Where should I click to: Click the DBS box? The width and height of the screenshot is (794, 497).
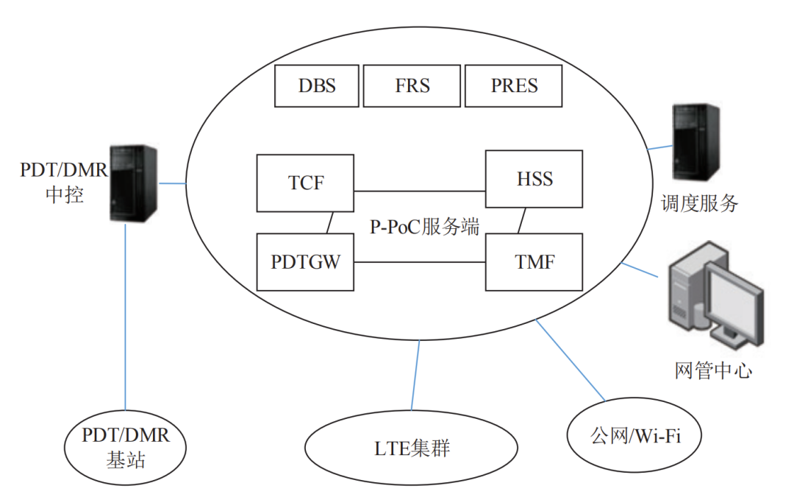click(x=317, y=85)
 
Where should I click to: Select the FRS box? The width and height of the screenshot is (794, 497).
click(x=412, y=85)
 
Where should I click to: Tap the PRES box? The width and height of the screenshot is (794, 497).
click(x=514, y=85)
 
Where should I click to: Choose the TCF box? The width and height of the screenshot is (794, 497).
click(x=305, y=183)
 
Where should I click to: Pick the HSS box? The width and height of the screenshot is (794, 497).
click(x=534, y=179)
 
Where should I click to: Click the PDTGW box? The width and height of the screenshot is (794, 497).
click(x=305, y=261)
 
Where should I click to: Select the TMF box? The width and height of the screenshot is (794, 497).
click(x=534, y=261)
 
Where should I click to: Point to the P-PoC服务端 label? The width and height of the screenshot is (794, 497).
click(x=424, y=226)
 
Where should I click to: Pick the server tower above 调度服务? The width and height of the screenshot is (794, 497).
click(x=695, y=144)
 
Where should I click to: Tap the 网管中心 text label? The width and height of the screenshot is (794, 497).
click(x=713, y=370)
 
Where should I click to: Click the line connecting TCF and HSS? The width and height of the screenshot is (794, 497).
click(x=419, y=191)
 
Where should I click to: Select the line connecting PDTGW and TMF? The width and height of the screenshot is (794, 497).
click(x=419, y=262)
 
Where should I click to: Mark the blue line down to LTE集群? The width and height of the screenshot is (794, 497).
click(x=415, y=375)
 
